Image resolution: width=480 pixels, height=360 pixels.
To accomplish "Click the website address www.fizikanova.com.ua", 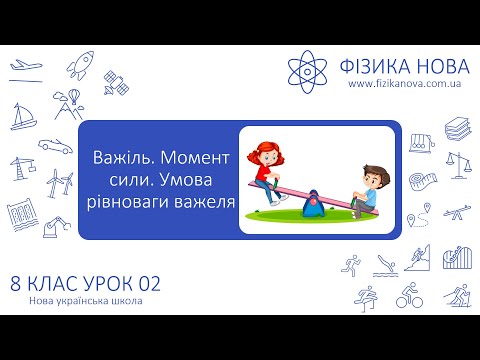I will (402, 85).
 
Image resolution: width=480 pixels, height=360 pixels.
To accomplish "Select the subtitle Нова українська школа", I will (80, 303).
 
